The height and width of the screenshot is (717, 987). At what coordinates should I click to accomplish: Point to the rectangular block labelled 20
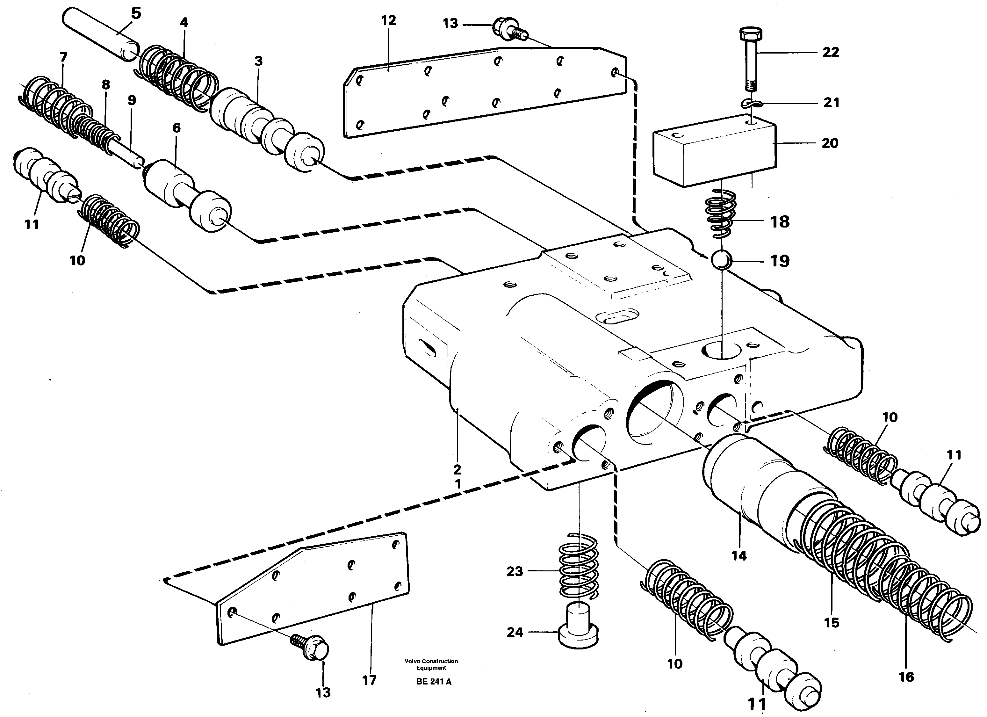point(714,150)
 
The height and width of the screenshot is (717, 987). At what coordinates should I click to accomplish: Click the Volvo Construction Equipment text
point(431,664)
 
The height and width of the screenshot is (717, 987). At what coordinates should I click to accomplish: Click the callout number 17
point(369,680)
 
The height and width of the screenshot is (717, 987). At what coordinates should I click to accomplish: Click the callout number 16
point(906,677)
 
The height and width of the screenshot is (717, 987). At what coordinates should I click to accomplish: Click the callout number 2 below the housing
point(457,469)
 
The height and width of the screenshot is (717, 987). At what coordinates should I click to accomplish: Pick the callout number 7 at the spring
point(63,57)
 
